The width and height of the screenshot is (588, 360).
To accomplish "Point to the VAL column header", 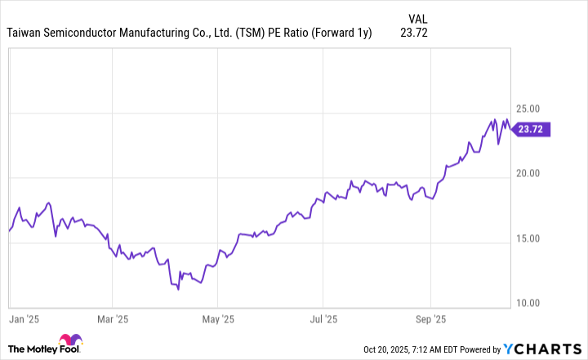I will click(x=416, y=18).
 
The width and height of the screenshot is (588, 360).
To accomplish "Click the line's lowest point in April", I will click(x=178, y=289).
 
